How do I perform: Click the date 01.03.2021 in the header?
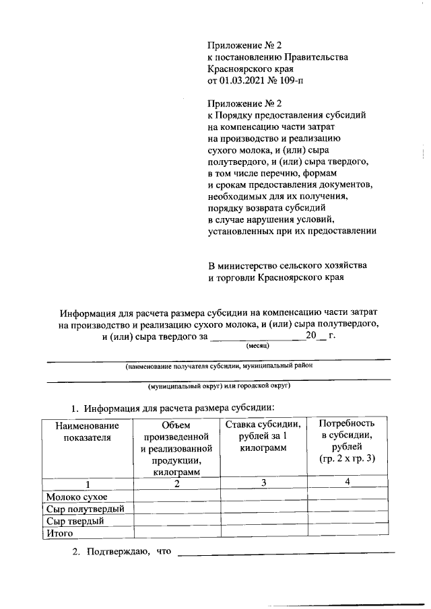click(244, 81)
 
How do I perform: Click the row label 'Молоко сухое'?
click(77, 497)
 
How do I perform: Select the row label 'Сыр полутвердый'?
click(86, 509)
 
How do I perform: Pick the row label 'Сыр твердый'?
click(75, 521)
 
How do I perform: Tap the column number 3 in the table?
click(264, 483)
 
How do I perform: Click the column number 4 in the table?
click(347, 482)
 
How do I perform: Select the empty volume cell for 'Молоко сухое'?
click(176, 497)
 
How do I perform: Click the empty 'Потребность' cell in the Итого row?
click(347, 533)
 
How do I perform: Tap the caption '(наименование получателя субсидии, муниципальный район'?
click(219, 367)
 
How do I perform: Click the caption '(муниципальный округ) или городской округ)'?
click(219, 388)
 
